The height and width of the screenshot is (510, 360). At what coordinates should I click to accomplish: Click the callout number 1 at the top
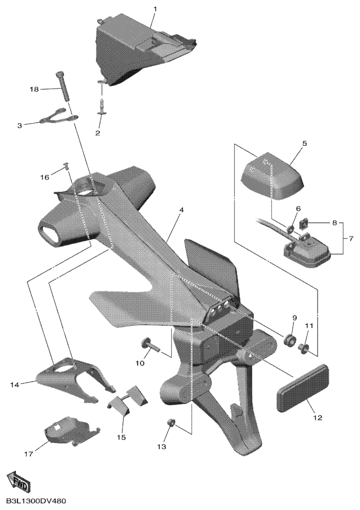coord(155,9)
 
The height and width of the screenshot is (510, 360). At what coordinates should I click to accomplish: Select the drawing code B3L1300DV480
coord(34,501)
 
